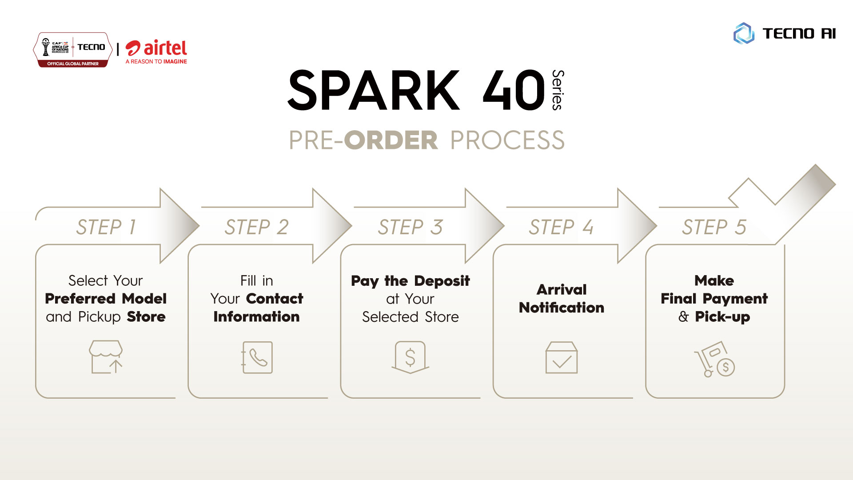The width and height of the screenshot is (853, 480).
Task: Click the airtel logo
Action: click(x=156, y=52)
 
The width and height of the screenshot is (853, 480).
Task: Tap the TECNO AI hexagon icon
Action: click(x=744, y=33)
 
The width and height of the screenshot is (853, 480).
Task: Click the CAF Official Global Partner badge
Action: click(x=73, y=50)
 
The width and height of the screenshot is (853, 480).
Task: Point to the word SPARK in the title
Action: click(x=374, y=90)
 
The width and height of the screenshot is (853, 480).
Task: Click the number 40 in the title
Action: click(x=514, y=90)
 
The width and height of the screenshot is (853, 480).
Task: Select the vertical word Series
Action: click(x=558, y=90)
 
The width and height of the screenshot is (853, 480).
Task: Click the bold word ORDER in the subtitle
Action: click(x=391, y=140)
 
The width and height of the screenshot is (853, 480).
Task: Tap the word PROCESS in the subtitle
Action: click(x=507, y=140)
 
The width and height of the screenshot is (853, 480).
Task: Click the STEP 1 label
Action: click(x=106, y=227)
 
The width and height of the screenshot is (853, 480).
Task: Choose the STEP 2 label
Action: click(x=257, y=227)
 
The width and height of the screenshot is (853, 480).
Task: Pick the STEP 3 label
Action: click(x=411, y=227)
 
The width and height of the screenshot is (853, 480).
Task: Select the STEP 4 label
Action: click(x=561, y=227)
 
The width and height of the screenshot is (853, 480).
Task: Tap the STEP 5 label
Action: click(x=714, y=227)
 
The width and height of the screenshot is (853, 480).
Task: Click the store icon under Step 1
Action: click(x=106, y=357)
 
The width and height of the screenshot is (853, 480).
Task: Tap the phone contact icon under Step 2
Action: click(x=257, y=357)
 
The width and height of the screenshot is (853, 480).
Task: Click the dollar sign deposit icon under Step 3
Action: click(x=410, y=357)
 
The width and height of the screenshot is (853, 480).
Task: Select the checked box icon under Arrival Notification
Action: click(x=562, y=357)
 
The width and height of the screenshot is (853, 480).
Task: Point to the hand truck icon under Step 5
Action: click(x=714, y=359)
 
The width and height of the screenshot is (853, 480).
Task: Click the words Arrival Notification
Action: click(x=562, y=299)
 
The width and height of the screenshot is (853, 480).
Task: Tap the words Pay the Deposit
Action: click(x=411, y=281)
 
